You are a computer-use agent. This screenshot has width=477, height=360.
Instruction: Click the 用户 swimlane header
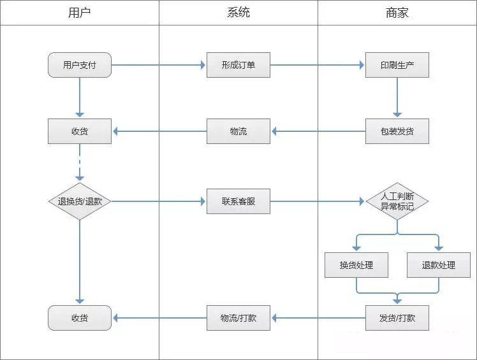click(79, 12)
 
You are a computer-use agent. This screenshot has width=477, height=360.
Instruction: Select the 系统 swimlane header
click(238, 12)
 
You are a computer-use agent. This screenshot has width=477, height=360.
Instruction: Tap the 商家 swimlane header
click(397, 12)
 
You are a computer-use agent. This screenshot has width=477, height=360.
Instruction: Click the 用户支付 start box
click(80, 65)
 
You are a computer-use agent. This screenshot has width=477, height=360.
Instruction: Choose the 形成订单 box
click(238, 65)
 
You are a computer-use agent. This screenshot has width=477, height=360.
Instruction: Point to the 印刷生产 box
click(397, 65)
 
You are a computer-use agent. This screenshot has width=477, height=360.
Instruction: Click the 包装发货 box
click(397, 131)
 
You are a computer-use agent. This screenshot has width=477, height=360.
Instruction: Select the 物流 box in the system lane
click(238, 131)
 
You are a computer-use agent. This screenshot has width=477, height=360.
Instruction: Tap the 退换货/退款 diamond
click(80, 201)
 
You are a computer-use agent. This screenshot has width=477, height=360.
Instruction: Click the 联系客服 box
click(238, 201)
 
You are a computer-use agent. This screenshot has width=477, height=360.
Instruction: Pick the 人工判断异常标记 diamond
click(397, 201)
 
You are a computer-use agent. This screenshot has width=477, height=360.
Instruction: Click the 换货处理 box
click(356, 265)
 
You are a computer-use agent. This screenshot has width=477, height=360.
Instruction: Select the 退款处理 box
click(438, 265)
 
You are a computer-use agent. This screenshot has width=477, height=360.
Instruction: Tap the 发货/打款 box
click(397, 317)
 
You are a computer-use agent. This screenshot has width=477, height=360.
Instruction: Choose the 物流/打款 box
click(238, 317)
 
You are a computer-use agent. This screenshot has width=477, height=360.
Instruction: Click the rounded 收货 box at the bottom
click(80, 317)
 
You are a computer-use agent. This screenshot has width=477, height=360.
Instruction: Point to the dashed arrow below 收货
click(80, 162)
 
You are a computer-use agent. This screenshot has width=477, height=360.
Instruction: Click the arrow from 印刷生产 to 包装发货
click(397, 97)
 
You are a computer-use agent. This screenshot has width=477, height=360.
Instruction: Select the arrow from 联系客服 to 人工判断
click(317, 201)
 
